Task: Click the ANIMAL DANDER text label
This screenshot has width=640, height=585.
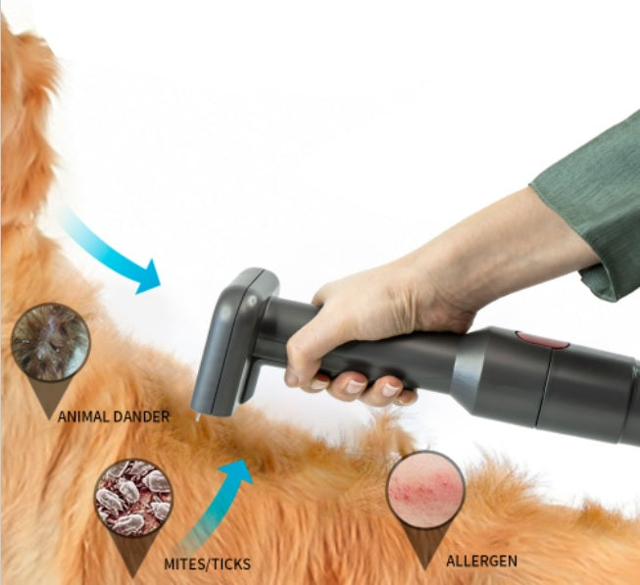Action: click(x=114, y=416)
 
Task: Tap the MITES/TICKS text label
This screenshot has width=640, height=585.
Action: click(x=208, y=563)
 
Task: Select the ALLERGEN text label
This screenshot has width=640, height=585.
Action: click(x=481, y=561)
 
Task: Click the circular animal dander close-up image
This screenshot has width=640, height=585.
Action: click(x=50, y=342)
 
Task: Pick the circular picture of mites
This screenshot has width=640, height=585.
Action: click(x=133, y=498)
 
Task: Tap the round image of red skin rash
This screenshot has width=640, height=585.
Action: click(x=425, y=489)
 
